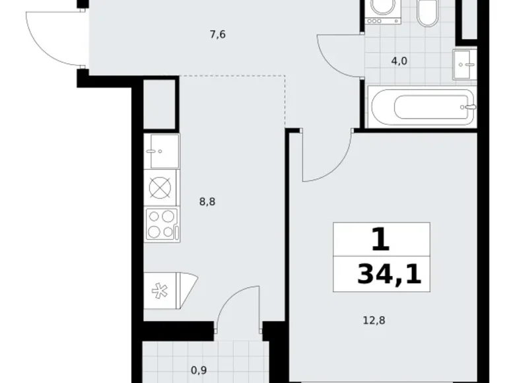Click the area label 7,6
click(217, 34)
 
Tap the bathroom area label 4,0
click(399, 61)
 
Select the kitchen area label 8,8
click(207, 201)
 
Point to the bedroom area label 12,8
click(374, 320)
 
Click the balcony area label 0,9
click(199, 370)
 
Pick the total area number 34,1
click(389, 274)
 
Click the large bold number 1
click(381, 240)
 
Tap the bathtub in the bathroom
click(423, 107)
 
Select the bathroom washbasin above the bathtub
click(464, 64)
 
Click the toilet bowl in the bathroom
click(427, 13)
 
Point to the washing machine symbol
click(383, 12)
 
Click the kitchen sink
click(162, 151)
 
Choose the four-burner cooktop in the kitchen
click(162, 225)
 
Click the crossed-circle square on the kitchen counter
click(160, 188)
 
